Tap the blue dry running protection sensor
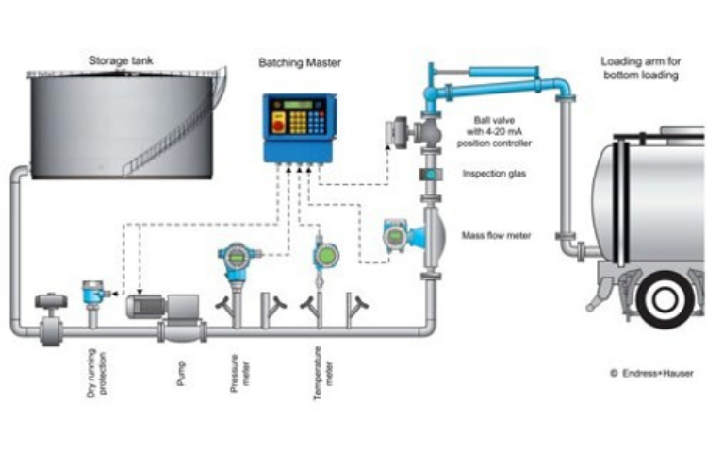click(x=91, y=292)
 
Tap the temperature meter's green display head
click(x=326, y=254)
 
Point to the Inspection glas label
click(x=493, y=175)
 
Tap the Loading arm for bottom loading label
click(x=641, y=68)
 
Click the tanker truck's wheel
click(x=667, y=298)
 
